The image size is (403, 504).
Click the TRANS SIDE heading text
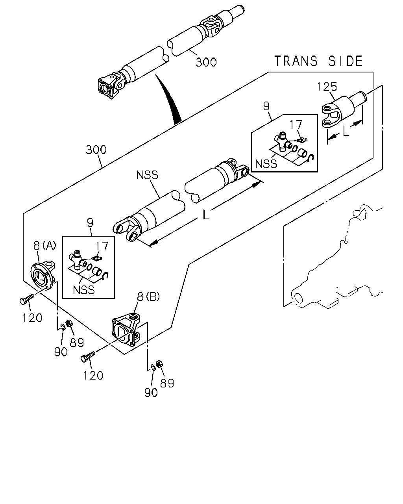click(x=318, y=61)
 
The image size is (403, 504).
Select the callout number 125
click(x=327, y=86)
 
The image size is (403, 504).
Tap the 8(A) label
click(x=45, y=245)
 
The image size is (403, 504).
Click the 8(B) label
click(x=148, y=297)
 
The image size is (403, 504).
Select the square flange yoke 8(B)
click(x=126, y=329)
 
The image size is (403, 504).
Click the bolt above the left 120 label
click(x=27, y=299)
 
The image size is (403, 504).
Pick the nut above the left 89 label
click(x=69, y=324)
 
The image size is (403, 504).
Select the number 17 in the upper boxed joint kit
click(x=296, y=124)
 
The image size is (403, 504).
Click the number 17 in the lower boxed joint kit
click(x=102, y=246)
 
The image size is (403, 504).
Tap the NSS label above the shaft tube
click(x=147, y=175)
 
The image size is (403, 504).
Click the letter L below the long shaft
click(x=206, y=215)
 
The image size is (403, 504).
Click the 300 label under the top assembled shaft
click(x=206, y=62)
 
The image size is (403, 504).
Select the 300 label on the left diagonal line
click(x=96, y=150)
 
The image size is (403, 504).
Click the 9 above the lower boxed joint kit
click(x=90, y=223)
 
